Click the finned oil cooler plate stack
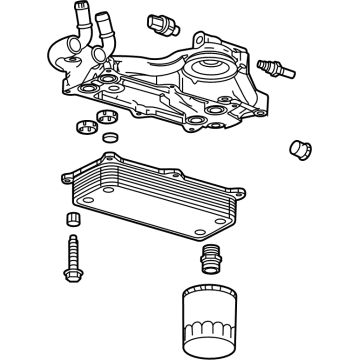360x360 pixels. [x=160, y=190]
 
